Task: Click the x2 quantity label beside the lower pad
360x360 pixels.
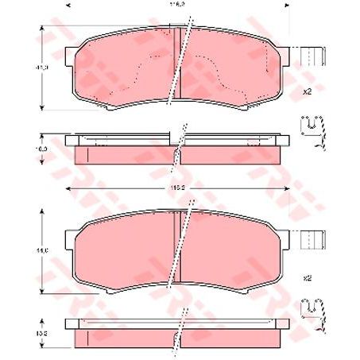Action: coord(306,278)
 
